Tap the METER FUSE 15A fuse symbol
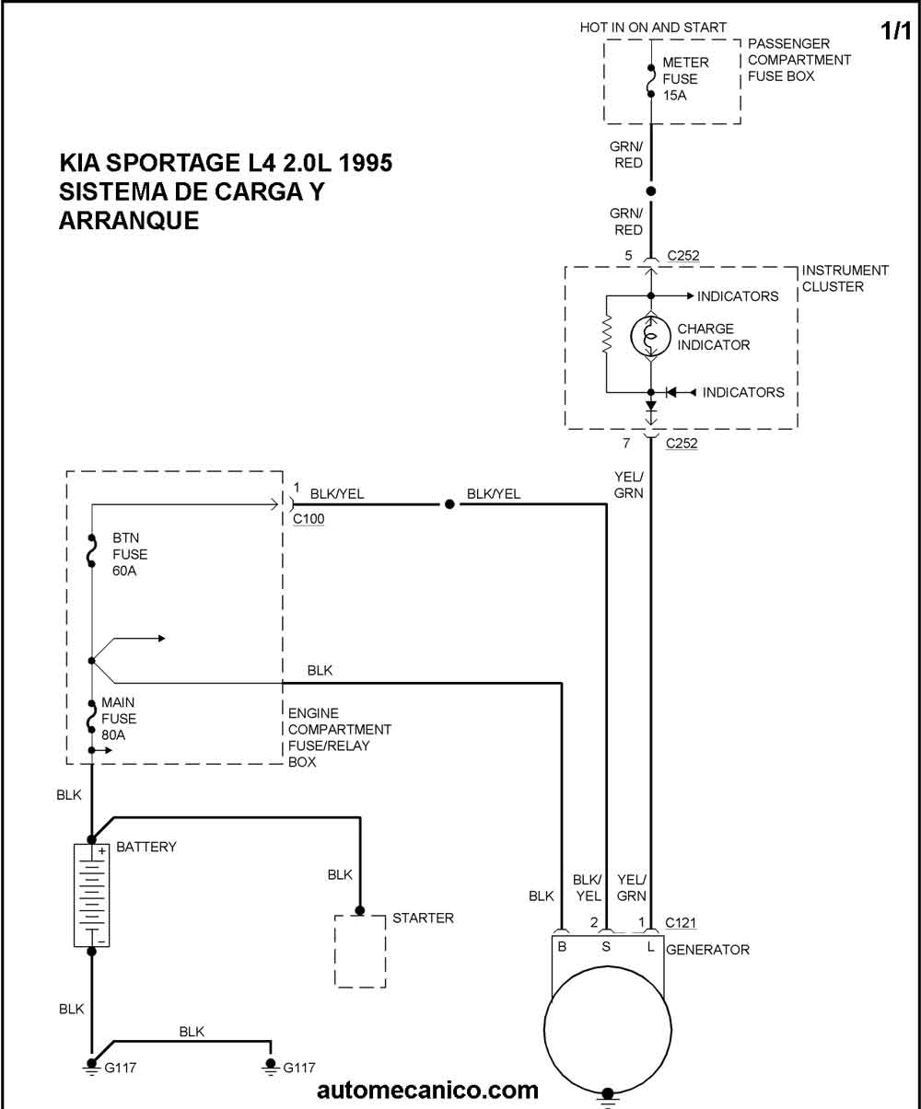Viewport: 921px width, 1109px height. click(651, 81)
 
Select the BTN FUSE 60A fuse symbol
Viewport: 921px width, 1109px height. click(91, 550)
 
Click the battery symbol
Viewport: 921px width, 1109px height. click(91, 895)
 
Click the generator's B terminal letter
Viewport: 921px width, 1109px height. click(562, 946)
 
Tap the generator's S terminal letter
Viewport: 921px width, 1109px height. click(606, 946)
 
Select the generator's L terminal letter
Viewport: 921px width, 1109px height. click(650, 946)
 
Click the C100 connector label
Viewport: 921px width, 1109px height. click(309, 519)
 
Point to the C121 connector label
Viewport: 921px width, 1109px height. click(681, 922)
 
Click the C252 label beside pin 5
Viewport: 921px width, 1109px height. click(682, 256)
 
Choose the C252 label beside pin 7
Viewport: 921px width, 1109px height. click(682, 443)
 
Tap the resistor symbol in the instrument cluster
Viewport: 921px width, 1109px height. click(606, 333)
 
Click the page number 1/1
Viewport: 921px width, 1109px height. click(895, 30)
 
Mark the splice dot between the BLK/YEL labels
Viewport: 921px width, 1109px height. click(449, 504)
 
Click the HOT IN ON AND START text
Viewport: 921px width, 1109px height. click(653, 27)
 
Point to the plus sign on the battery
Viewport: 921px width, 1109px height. click(101, 851)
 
